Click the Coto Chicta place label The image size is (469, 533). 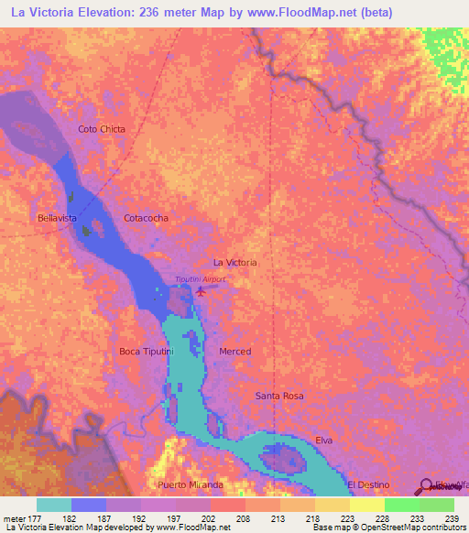point(102,129)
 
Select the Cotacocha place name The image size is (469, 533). point(146,218)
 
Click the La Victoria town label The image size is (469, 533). point(234,262)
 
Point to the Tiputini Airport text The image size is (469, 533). point(200,279)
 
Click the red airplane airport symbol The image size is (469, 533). point(201,292)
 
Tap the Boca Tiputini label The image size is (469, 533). point(147,351)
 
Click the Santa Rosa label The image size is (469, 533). point(279,396)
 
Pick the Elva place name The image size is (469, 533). point(323,440)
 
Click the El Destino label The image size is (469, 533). point(368,484)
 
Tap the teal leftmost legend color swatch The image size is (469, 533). point(53,505)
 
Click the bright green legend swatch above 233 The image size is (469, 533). point(401,505)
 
